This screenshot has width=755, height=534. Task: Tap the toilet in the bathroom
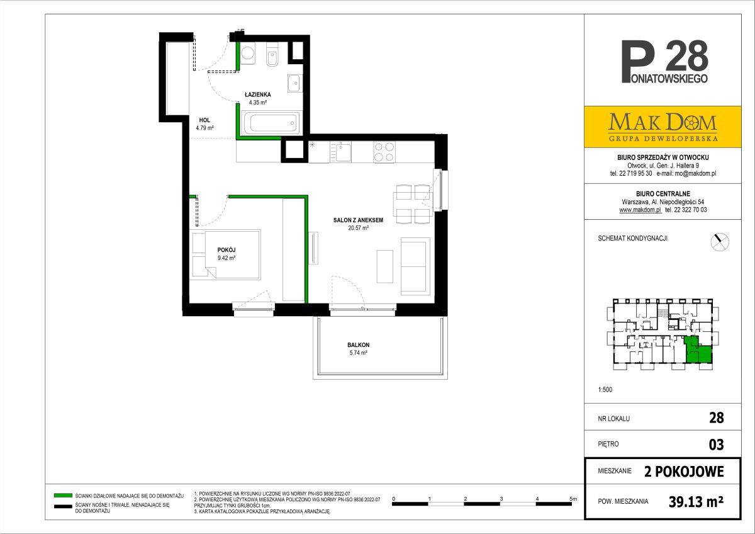pyautogui.click(x=272, y=55)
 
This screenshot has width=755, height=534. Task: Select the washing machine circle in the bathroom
pyautogui.click(x=249, y=54)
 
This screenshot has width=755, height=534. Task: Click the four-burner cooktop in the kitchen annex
pyautogui.click(x=384, y=152)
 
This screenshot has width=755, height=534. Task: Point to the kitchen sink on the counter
pyautogui.click(x=340, y=152)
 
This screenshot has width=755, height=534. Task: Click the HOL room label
pyautogui.click(x=204, y=120)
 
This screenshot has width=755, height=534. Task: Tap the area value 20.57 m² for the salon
pyautogui.click(x=358, y=228)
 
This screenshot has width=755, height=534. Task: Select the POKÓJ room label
pyautogui.click(x=226, y=250)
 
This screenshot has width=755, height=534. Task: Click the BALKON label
pyautogui.click(x=358, y=344)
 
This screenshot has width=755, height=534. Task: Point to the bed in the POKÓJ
pyautogui.click(x=225, y=254)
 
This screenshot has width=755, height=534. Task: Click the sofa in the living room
pyautogui.click(x=415, y=266)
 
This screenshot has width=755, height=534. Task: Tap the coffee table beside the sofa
pyautogui.click(x=385, y=266)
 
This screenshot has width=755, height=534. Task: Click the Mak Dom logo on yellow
pyautogui.click(x=663, y=127)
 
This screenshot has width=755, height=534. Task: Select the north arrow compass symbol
pyautogui.click(x=720, y=242)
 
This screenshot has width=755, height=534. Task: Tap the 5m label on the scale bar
pyautogui.click(x=573, y=499)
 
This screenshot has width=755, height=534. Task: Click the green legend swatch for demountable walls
pyautogui.click(x=63, y=496)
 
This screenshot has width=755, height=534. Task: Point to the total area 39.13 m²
pyautogui.click(x=696, y=502)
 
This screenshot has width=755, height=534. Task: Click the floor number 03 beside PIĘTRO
pyautogui.click(x=716, y=445)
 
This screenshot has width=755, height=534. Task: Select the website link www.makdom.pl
pyautogui.click(x=640, y=210)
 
